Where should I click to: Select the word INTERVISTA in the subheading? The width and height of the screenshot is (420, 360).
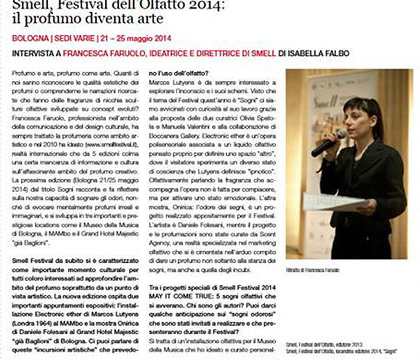[x=32, y=53]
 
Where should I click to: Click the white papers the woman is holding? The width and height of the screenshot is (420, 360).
[x=326, y=202]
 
